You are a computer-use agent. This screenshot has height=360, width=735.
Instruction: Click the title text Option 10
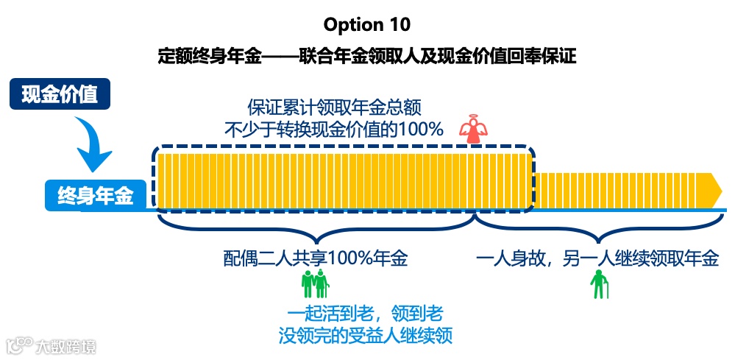click(367, 24)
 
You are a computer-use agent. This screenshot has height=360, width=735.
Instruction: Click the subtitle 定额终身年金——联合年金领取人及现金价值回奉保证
click(367, 57)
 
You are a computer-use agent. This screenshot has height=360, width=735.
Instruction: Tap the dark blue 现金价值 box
click(60, 95)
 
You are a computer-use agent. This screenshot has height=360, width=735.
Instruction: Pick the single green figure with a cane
click(600, 284)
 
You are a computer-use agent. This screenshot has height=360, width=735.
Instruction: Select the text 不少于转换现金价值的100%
click(334, 130)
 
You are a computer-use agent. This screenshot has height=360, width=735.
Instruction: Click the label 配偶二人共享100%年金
click(316, 259)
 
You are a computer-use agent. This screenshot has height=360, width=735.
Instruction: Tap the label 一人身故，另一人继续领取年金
click(597, 259)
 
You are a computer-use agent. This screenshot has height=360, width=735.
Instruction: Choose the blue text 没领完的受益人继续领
click(365, 336)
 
